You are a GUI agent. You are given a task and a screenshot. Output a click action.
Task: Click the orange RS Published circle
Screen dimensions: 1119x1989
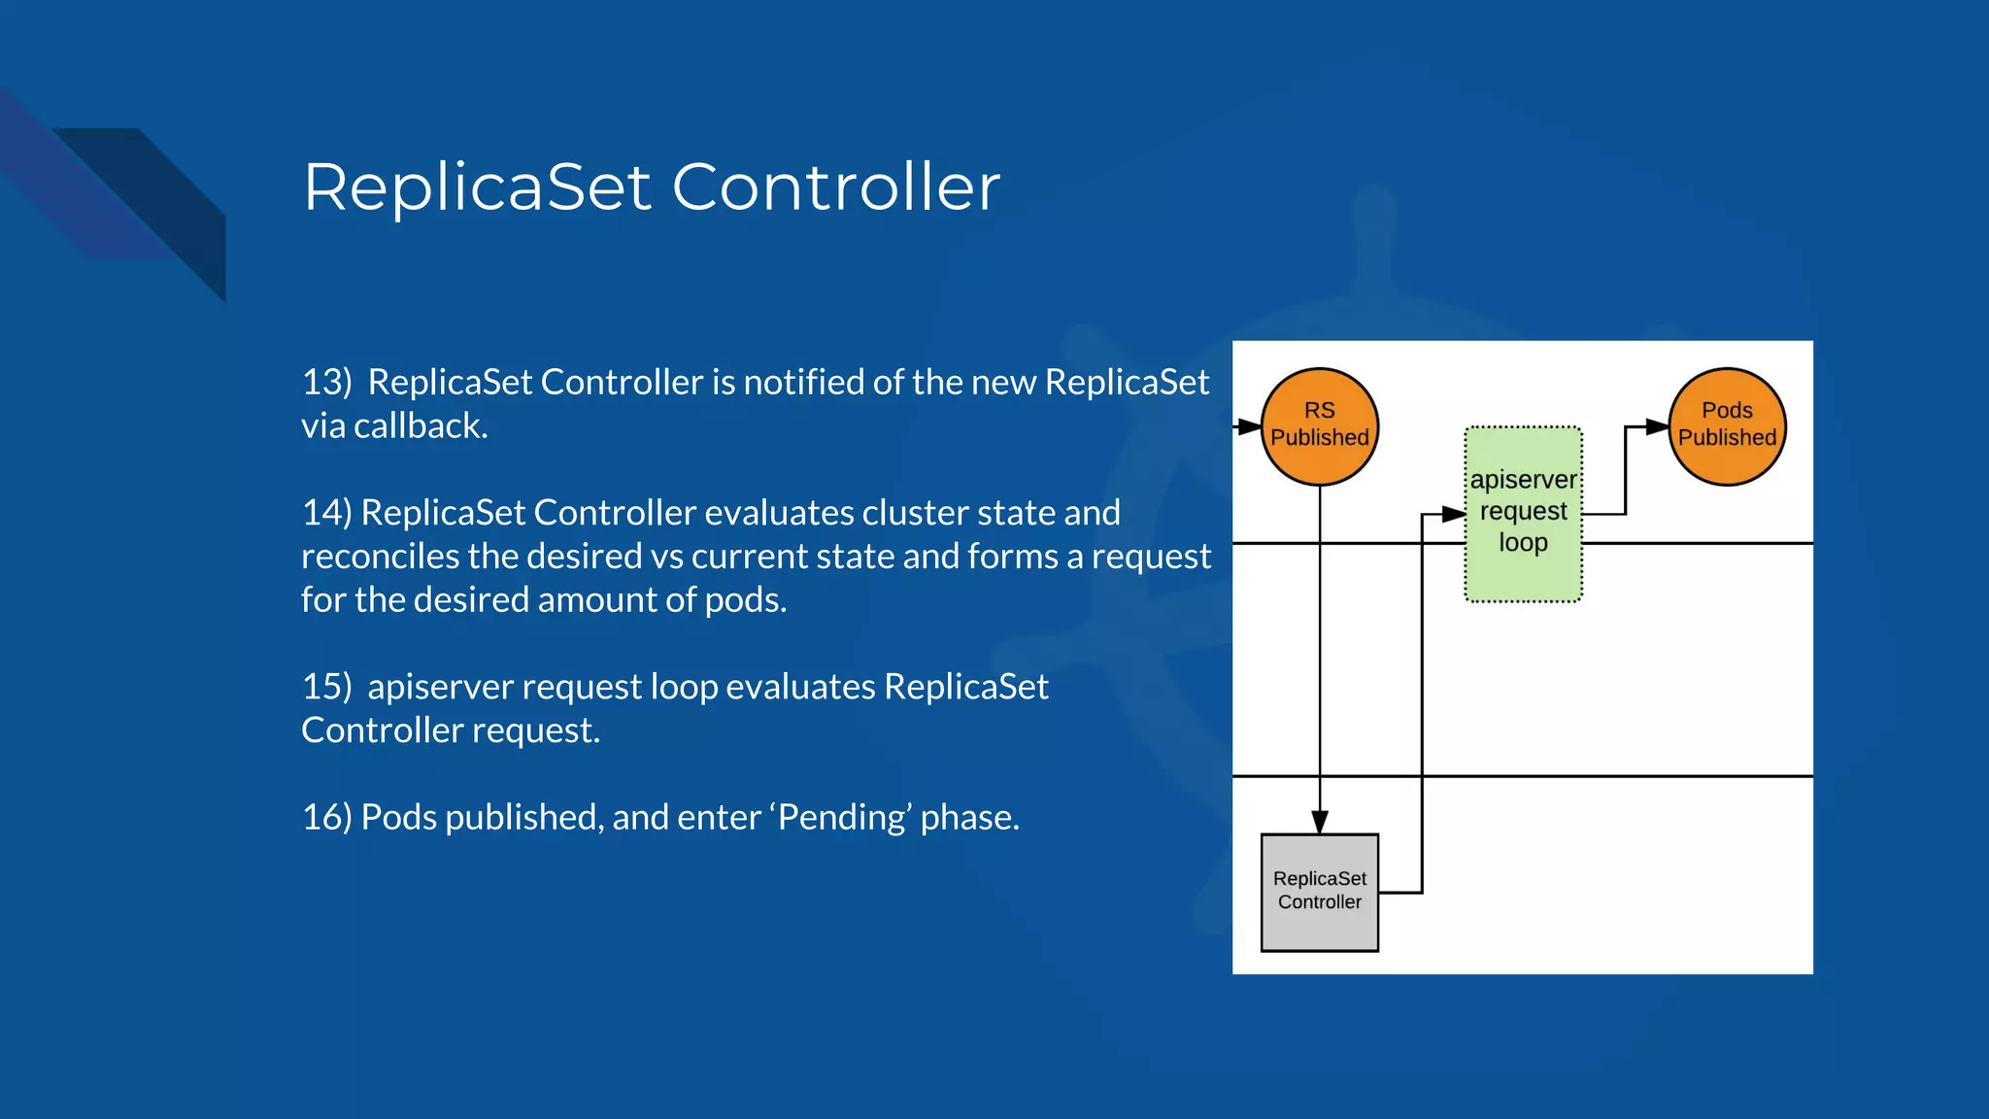[x=1319, y=426]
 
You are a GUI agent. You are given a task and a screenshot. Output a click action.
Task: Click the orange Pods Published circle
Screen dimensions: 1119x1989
[x=1727, y=426]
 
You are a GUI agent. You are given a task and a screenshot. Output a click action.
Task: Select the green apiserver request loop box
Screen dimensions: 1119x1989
[x=1523, y=514]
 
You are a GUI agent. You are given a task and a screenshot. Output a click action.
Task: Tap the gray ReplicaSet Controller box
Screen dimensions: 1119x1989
[x=1319, y=892]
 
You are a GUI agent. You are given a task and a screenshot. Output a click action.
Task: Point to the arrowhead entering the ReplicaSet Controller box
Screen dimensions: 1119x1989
[x=1319, y=822]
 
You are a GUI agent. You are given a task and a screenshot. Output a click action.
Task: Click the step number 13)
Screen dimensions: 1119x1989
[x=326, y=382]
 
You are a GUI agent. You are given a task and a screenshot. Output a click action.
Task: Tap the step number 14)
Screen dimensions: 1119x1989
[x=326, y=512]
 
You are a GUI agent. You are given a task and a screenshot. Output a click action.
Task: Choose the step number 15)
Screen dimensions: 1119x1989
[x=326, y=687]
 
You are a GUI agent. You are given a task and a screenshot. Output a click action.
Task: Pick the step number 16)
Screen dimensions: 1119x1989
[x=326, y=817]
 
